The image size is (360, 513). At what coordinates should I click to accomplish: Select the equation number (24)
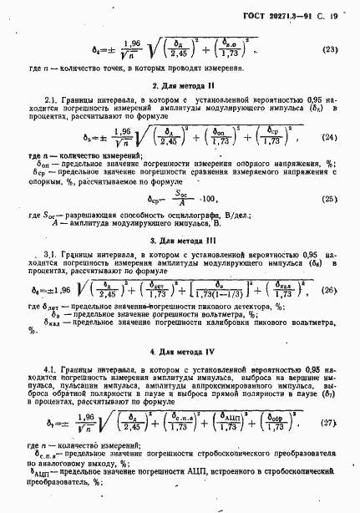(329, 137)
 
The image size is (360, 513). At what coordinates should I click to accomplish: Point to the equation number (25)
(329, 199)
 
